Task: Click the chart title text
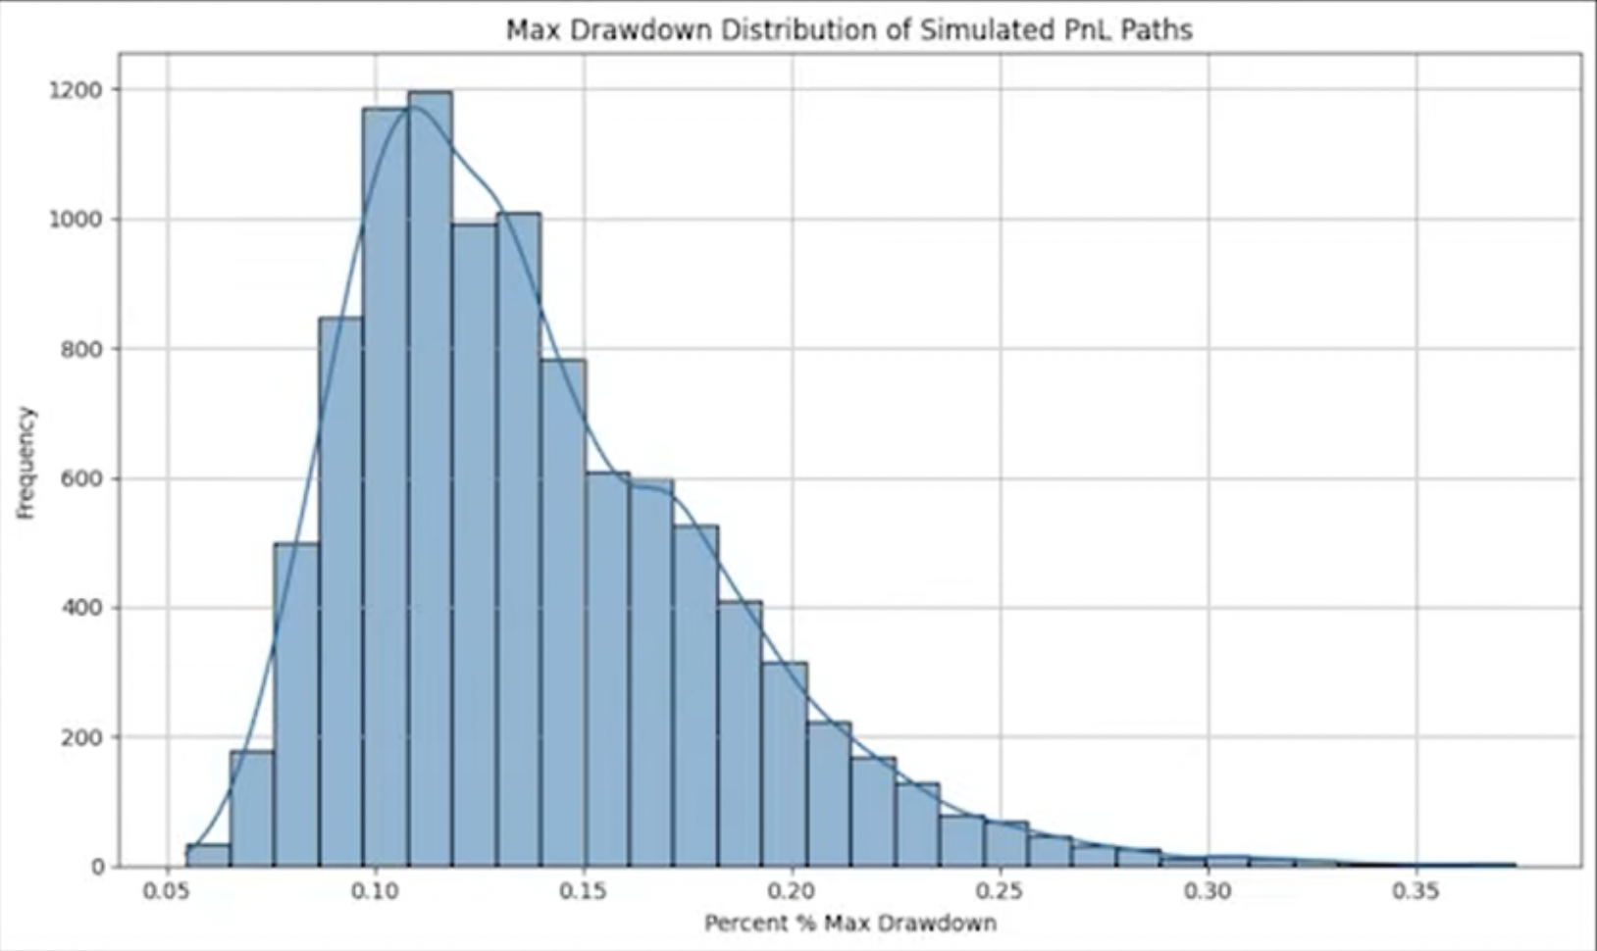tap(849, 30)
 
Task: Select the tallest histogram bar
tap(430, 480)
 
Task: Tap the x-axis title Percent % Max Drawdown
tap(850, 924)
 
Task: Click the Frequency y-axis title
tap(26, 463)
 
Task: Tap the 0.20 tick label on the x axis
tap(792, 891)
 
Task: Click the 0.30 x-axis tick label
tap(1209, 891)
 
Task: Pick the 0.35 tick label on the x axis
tap(1417, 891)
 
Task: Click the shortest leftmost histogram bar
tap(208, 856)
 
